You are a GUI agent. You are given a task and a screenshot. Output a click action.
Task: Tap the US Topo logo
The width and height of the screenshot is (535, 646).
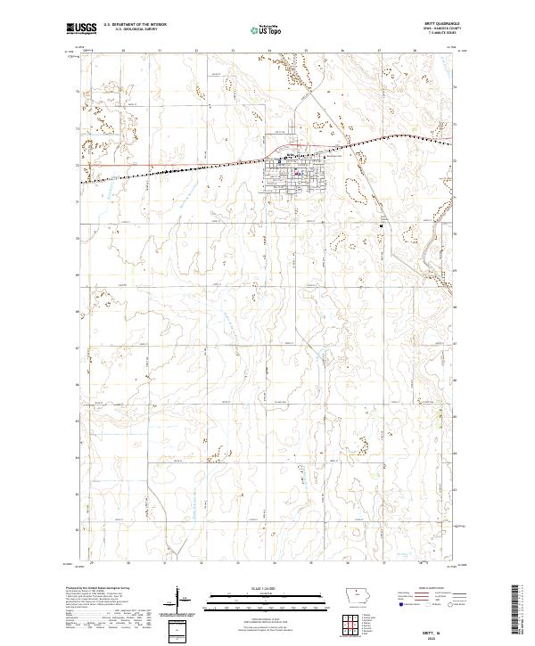(x=267, y=29)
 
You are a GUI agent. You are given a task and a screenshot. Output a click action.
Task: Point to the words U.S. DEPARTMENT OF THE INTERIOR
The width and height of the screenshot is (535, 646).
(x=135, y=25)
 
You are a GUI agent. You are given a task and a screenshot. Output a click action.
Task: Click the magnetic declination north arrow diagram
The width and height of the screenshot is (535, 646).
(x=179, y=597)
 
